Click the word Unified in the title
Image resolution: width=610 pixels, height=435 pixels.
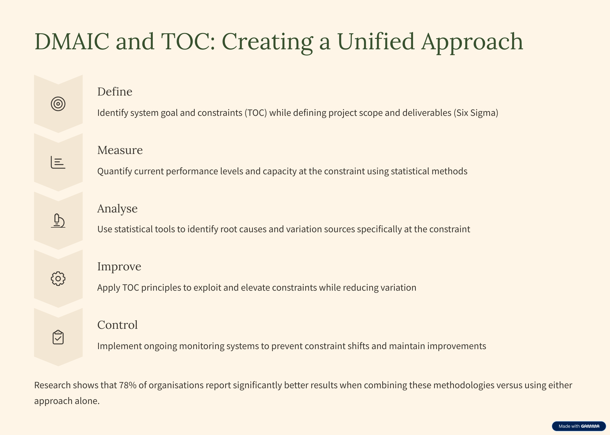click(x=376, y=41)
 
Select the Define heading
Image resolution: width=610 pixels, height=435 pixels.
click(x=115, y=92)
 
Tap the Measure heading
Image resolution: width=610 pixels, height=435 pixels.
click(x=120, y=150)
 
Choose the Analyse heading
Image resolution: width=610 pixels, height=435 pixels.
click(x=117, y=209)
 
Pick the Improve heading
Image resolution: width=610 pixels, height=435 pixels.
click(x=119, y=267)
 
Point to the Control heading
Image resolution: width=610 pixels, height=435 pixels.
click(x=117, y=325)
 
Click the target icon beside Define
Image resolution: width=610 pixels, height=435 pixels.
click(x=58, y=104)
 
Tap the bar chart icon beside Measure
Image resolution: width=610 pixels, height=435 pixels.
click(x=58, y=162)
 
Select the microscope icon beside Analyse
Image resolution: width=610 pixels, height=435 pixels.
click(x=58, y=221)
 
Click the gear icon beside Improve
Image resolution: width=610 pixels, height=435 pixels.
click(x=58, y=279)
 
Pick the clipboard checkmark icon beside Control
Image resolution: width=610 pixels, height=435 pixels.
click(x=58, y=337)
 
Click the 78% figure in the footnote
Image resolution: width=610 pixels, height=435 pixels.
click(x=128, y=385)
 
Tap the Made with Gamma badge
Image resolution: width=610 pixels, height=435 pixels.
click(x=579, y=426)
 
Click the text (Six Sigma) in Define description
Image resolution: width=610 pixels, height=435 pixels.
click(x=476, y=113)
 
